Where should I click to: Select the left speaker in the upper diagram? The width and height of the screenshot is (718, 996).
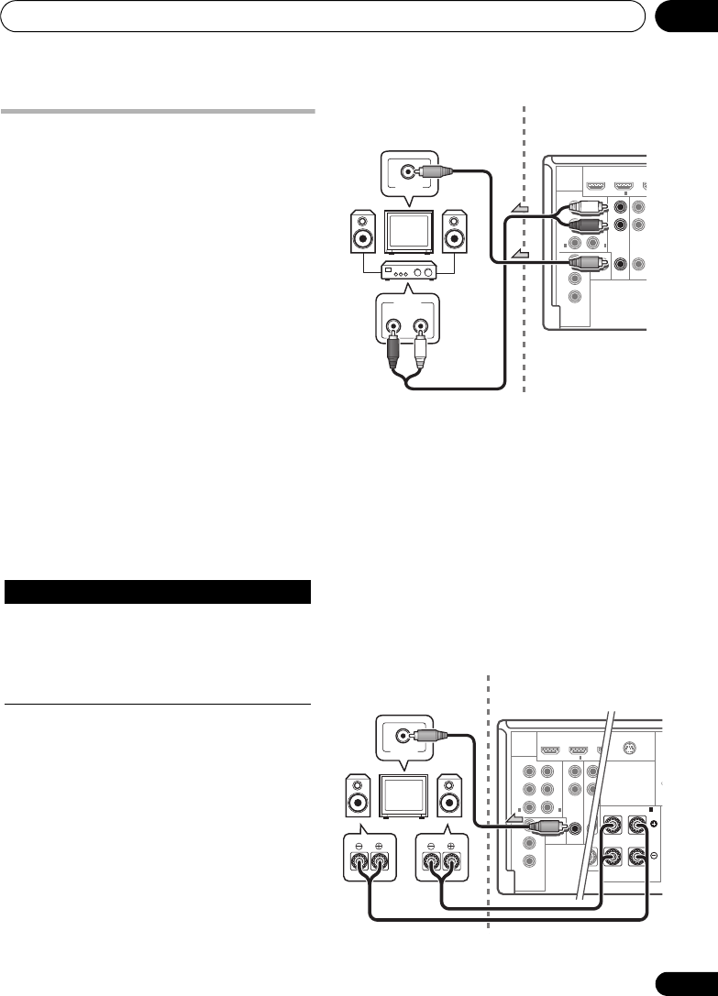pyautogui.click(x=363, y=234)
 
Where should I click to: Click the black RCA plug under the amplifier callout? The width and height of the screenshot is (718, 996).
pyautogui.click(x=395, y=347)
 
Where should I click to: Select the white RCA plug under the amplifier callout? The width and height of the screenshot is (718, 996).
pyautogui.click(x=420, y=347)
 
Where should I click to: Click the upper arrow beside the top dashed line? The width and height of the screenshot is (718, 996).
pyautogui.click(x=518, y=211)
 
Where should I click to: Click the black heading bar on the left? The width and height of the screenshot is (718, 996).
pyautogui.click(x=159, y=592)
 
